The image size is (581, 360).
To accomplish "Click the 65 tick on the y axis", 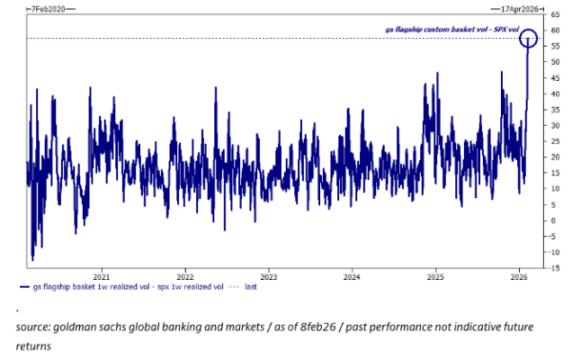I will (555, 15).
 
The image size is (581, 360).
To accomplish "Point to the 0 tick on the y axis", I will (553, 220).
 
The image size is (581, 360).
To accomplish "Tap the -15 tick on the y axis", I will (555, 268).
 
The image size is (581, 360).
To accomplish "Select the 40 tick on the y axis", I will (555, 94).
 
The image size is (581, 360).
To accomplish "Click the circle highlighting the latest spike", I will (529, 39).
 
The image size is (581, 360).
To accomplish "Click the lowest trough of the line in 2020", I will (32, 260).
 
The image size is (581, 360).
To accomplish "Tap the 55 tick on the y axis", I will (555, 46).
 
